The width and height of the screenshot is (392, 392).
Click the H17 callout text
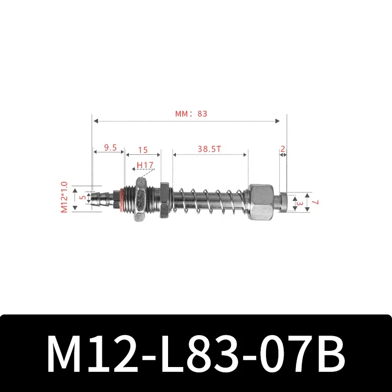point(144,166)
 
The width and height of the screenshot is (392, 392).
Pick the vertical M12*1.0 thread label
point(63,197)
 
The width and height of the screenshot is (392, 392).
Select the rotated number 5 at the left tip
point(82,198)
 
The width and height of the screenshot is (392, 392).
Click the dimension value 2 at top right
point(283,147)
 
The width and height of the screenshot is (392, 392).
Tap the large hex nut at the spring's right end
point(263,201)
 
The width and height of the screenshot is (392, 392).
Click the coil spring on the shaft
point(211,200)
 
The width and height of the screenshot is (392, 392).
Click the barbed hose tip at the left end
point(104,199)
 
